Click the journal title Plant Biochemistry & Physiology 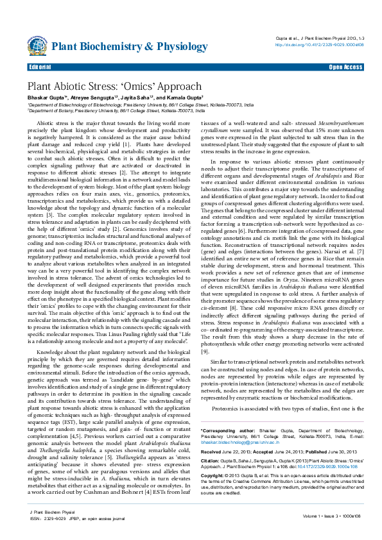pyautogui.click(x=120, y=46)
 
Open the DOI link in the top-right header pyautogui.click(x=319, y=45)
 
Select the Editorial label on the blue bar pyautogui.click(x=40, y=67)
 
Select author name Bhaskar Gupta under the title pyautogui.click(x=44, y=97)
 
